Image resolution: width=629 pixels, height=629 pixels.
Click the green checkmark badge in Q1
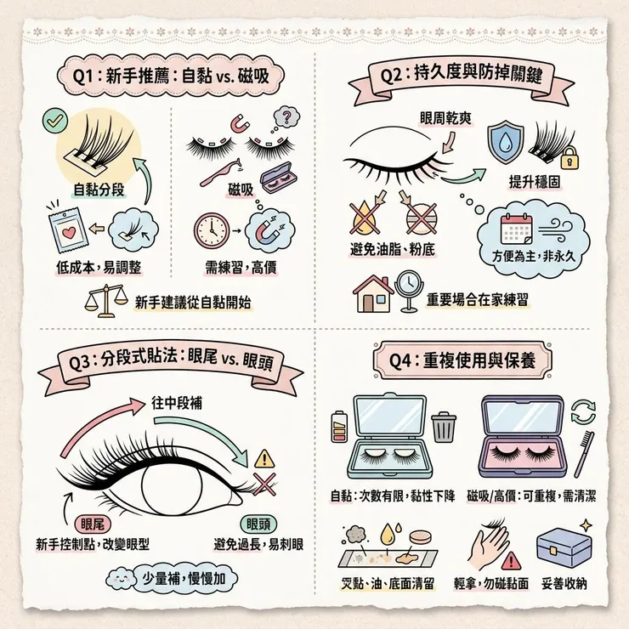pyautogui.click(x=55, y=121)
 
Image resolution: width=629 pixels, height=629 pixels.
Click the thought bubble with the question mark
pyautogui.click(x=286, y=116)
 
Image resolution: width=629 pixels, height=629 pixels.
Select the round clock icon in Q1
pyautogui.click(x=212, y=230)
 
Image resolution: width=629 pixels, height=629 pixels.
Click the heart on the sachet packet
pyautogui.click(x=69, y=232)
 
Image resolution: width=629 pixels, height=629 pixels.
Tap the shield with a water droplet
pyautogui.click(x=506, y=144)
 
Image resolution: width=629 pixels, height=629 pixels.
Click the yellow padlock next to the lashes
pyautogui.click(x=569, y=158)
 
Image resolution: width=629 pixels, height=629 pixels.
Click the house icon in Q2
pyautogui.click(x=373, y=293)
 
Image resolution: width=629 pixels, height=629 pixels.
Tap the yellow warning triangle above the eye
pyautogui.click(x=264, y=459)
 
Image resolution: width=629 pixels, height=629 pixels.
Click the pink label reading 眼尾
pyautogui.click(x=93, y=524)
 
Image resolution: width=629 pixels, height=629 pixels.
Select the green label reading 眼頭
pyautogui.click(x=258, y=524)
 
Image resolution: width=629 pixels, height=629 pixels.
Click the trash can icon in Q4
pyautogui.click(x=444, y=428)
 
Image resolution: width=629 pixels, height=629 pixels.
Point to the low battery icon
pyautogui.click(x=339, y=426)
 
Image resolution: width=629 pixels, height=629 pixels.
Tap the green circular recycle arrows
pyautogui.click(x=583, y=412)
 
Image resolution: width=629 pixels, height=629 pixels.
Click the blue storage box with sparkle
pyautogui.click(x=564, y=547)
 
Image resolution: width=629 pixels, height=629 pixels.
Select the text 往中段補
pyautogui.click(x=177, y=403)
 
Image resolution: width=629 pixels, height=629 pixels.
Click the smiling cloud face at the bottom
pyautogui.click(x=121, y=579)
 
